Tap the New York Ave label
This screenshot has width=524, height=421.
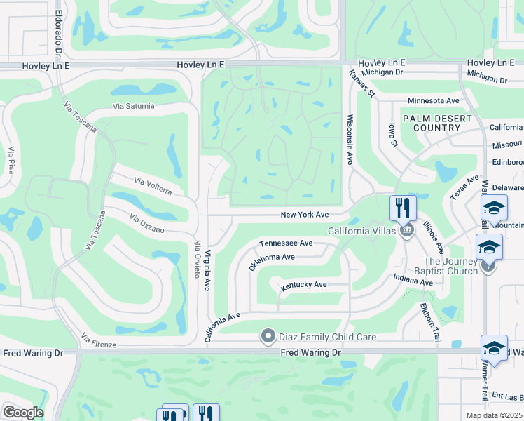[x=305, y=215]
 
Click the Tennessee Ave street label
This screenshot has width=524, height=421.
[x=286, y=243]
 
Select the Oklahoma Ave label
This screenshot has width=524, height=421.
[x=272, y=261]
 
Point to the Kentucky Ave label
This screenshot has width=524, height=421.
[x=304, y=286]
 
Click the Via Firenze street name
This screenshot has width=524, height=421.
[x=99, y=340]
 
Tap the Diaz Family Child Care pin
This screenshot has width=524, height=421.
[x=267, y=337]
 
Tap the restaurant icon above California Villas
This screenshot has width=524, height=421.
[x=403, y=208]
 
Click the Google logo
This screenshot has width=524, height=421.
[x=22, y=413]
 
